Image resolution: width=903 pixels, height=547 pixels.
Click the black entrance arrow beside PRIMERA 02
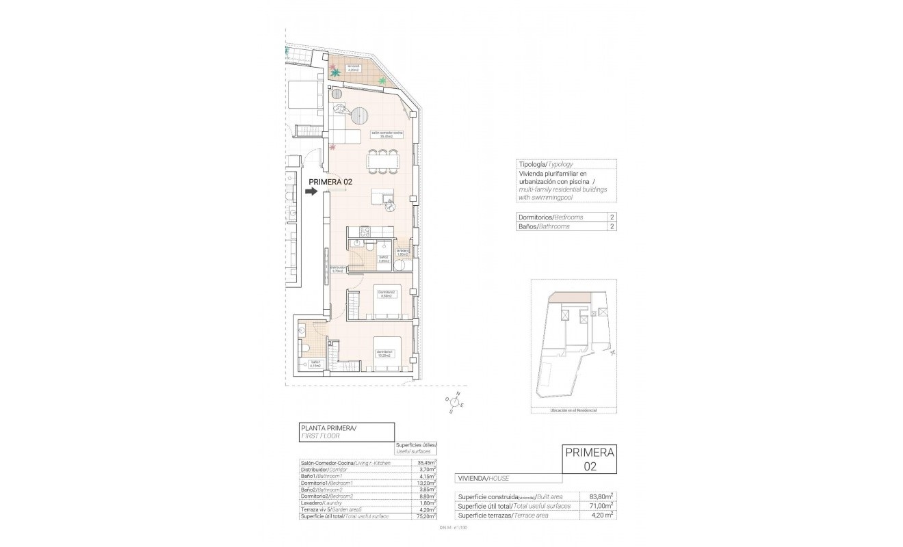(x=311, y=192)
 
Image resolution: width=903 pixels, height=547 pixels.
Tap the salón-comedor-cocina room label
(x=387, y=135)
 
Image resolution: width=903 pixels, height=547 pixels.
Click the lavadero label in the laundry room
(x=402, y=253)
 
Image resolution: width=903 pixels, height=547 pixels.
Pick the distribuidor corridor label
(x=337, y=269)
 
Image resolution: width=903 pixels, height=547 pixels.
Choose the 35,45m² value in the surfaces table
(x=427, y=464)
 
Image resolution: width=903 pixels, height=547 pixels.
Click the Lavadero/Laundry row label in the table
(x=328, y=503)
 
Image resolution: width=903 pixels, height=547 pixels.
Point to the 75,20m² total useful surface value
(x=427, y=516)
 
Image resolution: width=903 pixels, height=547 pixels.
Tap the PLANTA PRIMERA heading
(x=329, y=428)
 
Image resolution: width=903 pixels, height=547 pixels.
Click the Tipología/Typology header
(x=545, y=165)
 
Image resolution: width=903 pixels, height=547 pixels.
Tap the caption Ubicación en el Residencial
(x=573, y=410)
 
